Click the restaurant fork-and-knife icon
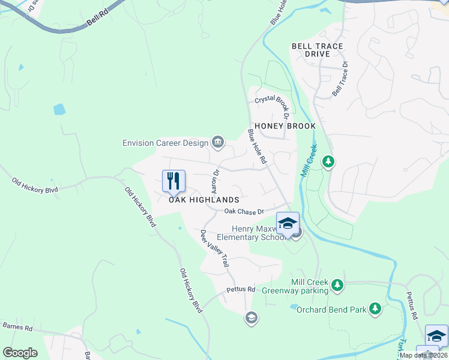coord(173,181)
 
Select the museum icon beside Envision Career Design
coord(218,143)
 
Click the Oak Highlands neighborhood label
coord(203,200)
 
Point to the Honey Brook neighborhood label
coord(285,127)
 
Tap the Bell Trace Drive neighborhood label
coord(317,50)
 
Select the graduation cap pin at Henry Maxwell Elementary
coord(288,223)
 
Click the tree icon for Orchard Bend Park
coord(375,308)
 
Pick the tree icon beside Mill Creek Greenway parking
coord(337,284)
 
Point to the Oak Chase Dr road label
coord(244,212)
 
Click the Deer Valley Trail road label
coord(215,248)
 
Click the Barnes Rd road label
coord(17,327)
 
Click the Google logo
coord(20,353)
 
